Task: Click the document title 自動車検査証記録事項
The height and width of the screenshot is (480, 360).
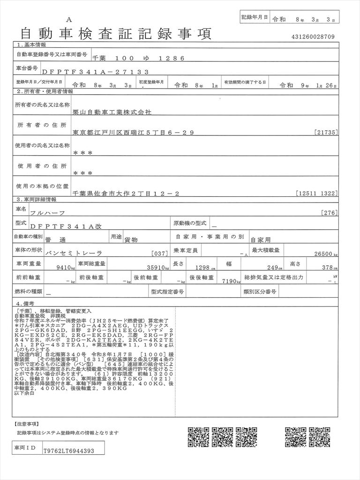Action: click(x=116, y=33)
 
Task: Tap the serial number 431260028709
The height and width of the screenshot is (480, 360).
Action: click(x=313, y=37)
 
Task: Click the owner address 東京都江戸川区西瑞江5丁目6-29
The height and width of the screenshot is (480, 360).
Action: click(x=133, y=133)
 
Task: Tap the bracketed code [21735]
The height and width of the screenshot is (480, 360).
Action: click(x=326, y=133)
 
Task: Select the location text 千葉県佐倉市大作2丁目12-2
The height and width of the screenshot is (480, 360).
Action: click(x=126, y=193)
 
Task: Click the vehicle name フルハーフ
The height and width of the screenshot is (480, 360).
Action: click(x=46, y=212)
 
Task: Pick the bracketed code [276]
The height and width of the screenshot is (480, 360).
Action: click(x=330, y=213)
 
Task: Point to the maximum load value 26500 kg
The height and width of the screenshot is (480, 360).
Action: click(x=320, y=254)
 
